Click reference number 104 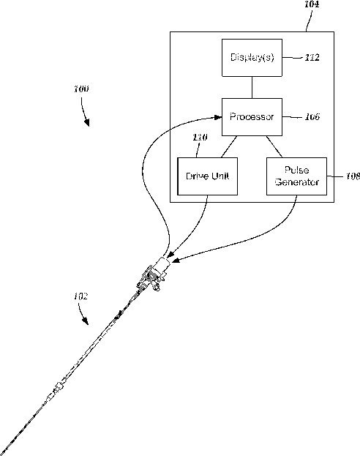click(312, 4)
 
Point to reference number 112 click(312, 58)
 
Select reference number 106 click(312, 117)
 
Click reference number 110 click(200, 138)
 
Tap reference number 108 click(353, 176)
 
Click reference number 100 click(81, 89)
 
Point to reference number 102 click(80, 296)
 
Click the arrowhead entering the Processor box click(218, 117)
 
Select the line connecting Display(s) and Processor click(252, 88)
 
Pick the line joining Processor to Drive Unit click(229, 146)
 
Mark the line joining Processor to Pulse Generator click(274, 146)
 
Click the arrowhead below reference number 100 click(86, 123)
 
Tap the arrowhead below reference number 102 click(86, 321)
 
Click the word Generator click(296, 182)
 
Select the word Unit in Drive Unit click(220, 176)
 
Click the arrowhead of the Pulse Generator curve click(176, 260)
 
